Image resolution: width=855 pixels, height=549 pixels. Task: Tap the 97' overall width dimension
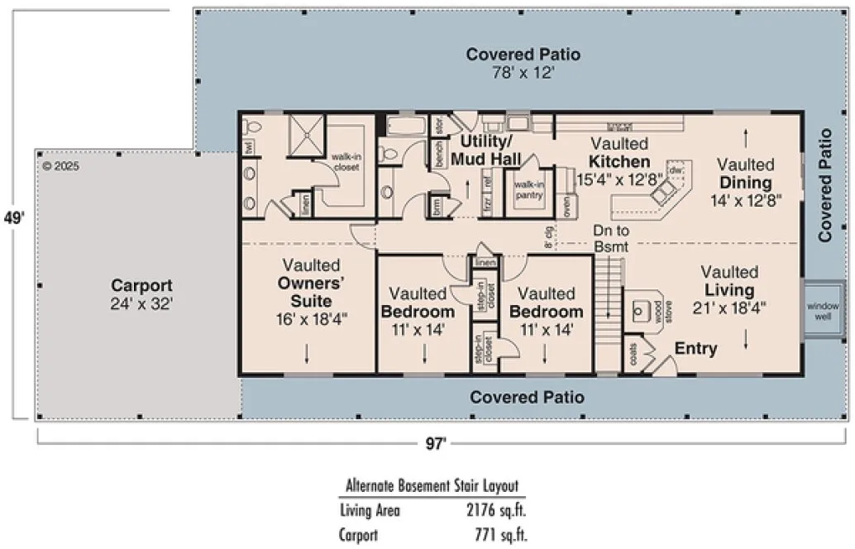click(x=436, y=444)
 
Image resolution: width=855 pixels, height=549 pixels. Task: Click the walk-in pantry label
click(x=528, y=189)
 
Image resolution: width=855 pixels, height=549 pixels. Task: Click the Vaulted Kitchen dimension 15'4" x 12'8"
click(x=619, y=179)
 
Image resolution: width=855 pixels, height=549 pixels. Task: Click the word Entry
click(x=695, y=349)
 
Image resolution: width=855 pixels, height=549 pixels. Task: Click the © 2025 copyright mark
click(x=60, y=165)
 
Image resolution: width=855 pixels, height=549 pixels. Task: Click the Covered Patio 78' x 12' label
click(x=523, y=64)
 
